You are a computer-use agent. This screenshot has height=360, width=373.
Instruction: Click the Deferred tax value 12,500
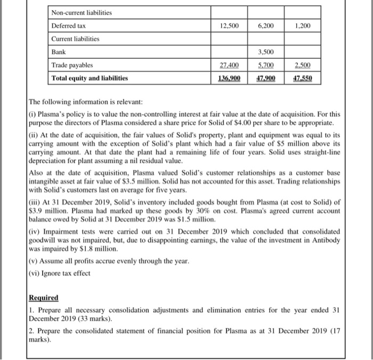click(x=229, y=26)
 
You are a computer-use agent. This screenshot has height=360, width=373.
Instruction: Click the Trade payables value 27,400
click(x=229, y=65)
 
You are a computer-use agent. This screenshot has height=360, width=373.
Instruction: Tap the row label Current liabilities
click(x=76, y=39)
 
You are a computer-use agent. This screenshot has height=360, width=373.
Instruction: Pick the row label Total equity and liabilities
click(x=90, y=78)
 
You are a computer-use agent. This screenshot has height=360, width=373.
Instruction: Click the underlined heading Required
click(x=44, y=298)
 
